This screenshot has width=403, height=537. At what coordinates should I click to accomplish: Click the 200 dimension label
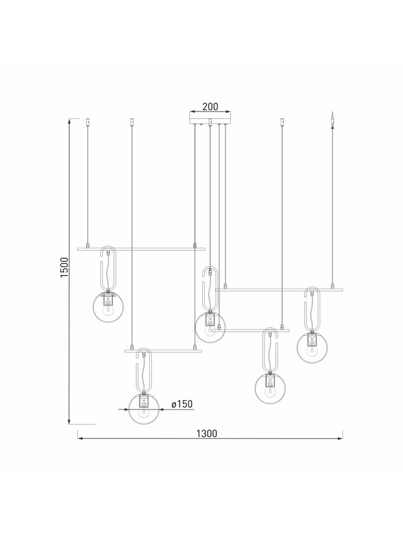210,107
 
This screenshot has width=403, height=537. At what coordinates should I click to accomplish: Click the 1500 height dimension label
64,267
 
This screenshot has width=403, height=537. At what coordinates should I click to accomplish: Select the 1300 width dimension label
207,434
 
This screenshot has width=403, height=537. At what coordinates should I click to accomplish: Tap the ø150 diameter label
182,404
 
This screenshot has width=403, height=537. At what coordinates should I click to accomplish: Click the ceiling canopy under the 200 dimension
210,117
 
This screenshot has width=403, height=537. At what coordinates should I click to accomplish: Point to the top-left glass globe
109,307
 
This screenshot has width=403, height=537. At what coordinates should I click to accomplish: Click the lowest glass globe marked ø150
144,409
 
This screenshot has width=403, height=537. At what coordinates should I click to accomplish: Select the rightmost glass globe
312,348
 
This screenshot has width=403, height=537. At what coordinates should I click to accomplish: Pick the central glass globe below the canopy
210,328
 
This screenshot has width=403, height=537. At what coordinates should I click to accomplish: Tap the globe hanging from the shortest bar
270,389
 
